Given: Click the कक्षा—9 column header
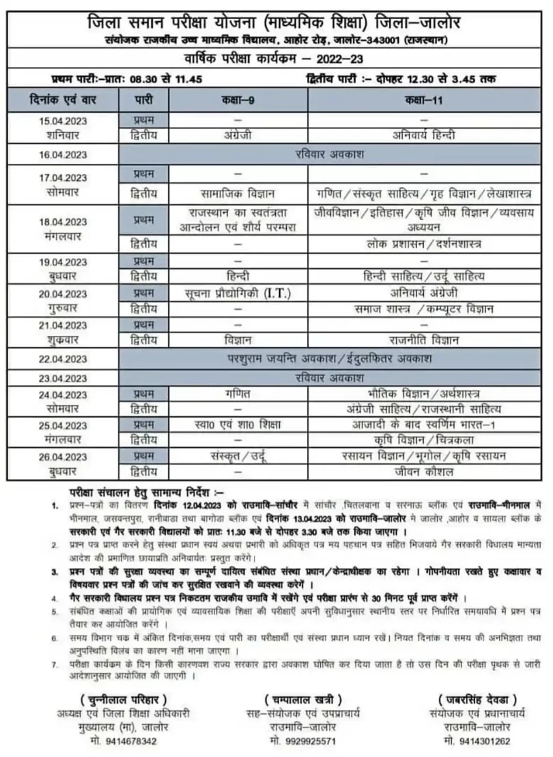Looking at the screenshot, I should coord(238,100).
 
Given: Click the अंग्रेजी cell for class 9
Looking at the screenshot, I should coord(238,135).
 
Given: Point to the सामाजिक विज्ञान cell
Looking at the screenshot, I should coord(238,193).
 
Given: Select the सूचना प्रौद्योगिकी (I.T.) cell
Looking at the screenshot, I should coord(238,294).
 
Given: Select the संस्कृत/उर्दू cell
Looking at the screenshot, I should coord(238,455).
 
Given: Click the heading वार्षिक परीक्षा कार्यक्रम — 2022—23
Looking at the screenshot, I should coord(276,58).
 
